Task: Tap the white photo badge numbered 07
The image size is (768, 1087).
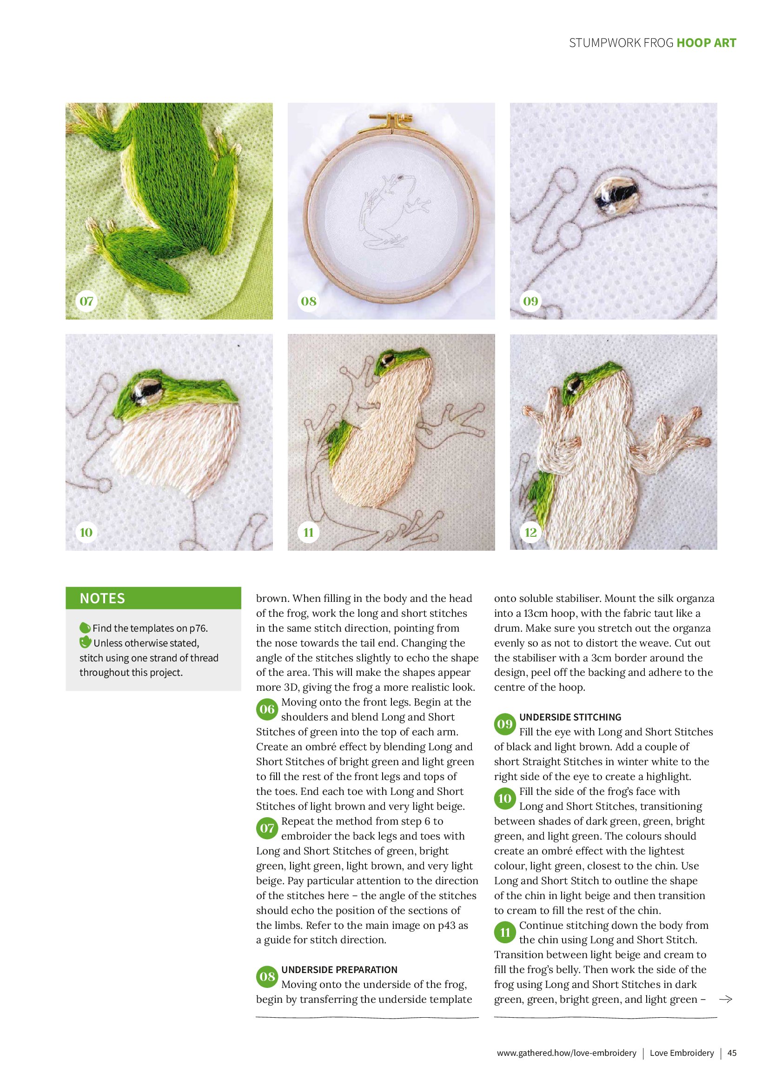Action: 86,300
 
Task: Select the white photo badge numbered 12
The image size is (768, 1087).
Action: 530,532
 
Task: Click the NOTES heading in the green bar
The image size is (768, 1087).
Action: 102,598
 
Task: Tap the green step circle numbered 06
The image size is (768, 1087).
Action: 267,709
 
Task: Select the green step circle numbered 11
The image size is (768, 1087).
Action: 505,933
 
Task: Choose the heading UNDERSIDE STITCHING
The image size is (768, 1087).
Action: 570,717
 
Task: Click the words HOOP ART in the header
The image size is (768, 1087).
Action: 707,43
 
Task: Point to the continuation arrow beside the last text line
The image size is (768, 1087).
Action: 725,1000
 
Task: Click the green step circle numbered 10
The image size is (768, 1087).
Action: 505,799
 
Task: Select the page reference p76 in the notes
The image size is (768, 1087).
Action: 197,628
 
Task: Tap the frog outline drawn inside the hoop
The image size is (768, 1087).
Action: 393,211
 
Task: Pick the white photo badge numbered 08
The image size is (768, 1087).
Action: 309,300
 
